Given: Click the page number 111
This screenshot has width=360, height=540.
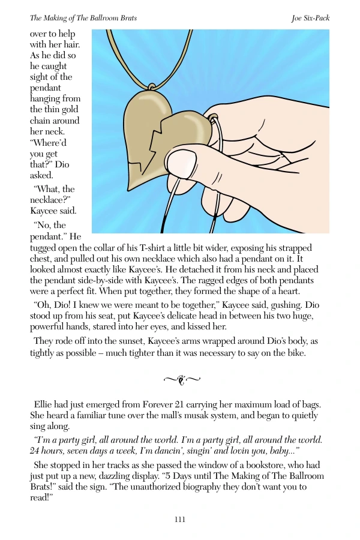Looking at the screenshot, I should (x=179, y=520).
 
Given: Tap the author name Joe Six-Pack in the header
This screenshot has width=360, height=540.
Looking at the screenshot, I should (x=310, y=18).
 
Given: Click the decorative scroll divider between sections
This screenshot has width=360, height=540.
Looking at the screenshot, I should (x=180, y=379).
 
